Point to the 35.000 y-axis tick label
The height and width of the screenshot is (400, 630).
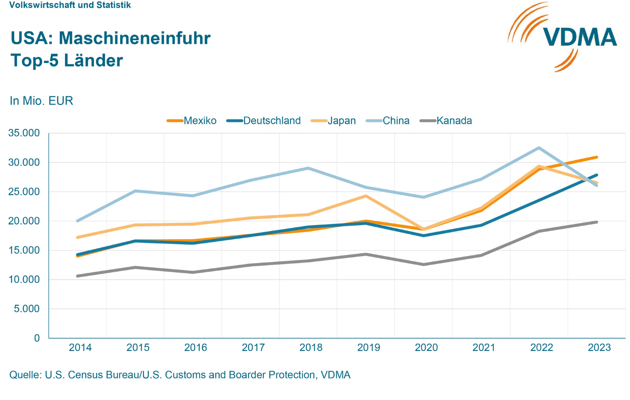click(24, 133)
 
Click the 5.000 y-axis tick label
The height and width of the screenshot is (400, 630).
click(27, 309)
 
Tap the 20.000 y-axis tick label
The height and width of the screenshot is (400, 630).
click(24, 221)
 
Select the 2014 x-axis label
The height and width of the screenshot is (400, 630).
click(80, 348)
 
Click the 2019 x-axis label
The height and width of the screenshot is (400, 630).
click(369, 348)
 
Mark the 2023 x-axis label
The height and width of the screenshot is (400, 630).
click(599, 348)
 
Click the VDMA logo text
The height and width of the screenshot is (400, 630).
click(579, 37)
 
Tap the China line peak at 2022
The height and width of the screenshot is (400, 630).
click(539, 148)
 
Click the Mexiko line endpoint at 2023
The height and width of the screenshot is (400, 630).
click(597, 157)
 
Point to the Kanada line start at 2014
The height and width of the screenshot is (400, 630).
click(78, 276)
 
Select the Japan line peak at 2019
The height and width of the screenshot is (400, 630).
click(366, 196)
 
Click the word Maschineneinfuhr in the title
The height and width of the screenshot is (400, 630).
click(135, 38)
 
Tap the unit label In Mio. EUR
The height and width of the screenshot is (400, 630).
click(41, 101)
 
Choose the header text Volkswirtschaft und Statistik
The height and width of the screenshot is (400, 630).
click(70, 5)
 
